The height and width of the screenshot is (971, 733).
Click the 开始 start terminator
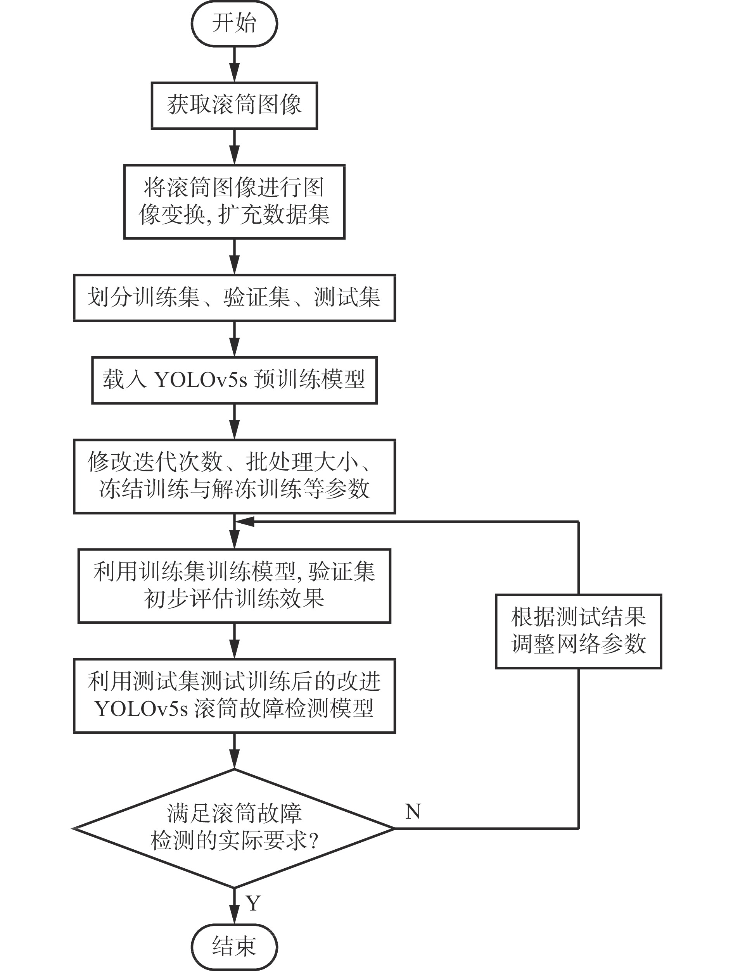(234, 23)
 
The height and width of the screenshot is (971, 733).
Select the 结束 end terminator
(234, 946)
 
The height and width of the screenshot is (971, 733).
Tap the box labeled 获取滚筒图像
(234, 105)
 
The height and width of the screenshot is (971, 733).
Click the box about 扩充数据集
(234, 202)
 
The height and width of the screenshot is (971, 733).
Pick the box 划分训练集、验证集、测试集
(234, 298)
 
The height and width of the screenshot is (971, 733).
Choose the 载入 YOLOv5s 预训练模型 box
(234, 380)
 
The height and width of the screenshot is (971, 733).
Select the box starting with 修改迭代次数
(234, 476)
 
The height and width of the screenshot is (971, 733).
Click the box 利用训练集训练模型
(234, 586)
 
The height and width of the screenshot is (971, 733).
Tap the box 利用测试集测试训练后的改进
(234, 696)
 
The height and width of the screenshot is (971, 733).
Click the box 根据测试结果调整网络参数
(578, 631)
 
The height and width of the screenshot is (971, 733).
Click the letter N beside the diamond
(413, 812)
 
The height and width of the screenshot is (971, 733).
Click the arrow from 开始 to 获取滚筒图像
(235, 64)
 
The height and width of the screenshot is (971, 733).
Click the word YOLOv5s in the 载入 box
(201, 380)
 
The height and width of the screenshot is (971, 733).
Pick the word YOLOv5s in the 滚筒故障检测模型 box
(142, 709)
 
